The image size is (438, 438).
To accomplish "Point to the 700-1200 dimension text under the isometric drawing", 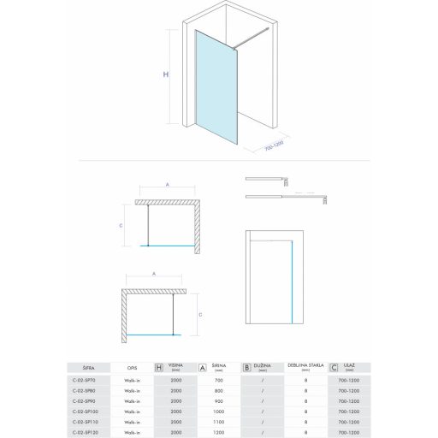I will tap(274, 148).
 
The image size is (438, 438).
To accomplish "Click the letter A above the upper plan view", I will tap(168, 185).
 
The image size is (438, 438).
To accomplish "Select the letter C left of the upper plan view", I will tap(121, 225).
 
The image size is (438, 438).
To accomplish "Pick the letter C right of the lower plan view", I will tap(200, 314).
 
